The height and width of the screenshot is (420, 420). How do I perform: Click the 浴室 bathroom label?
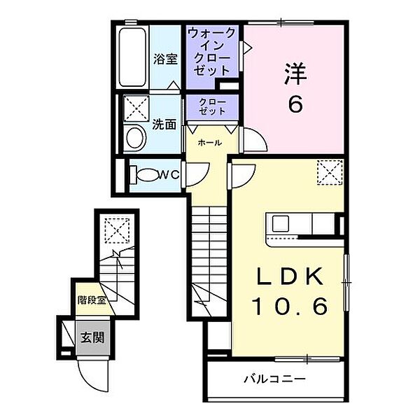tap(165, 59)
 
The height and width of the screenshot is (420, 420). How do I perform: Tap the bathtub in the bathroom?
tap(132, 57)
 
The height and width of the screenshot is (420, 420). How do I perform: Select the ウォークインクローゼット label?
tap(211, 52)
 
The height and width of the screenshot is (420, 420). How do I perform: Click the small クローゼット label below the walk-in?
tap(212, 107)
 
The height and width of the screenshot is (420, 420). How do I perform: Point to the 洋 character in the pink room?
tap(295, 73)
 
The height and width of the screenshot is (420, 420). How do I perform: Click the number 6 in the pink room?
tap(295, 104)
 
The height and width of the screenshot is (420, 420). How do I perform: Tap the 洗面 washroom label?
tap(164, 125)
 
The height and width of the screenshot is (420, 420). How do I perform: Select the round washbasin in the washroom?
tap(136, 138)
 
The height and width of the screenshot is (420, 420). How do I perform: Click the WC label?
tap(169, 175)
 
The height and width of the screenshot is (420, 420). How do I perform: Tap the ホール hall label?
tap(210, 143)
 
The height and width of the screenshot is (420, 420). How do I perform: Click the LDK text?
tap(290, 276)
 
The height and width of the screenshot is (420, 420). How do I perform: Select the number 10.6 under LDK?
tap(290, 306)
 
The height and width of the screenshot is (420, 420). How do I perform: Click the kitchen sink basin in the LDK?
tap(281, 223)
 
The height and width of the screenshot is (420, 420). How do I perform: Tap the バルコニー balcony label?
tap(274, 379)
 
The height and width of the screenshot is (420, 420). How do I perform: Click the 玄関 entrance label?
tap(92, 337)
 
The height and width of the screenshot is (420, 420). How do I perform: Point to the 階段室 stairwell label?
tap(92, 300)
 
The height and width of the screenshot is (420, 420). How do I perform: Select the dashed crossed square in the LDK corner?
tap(330, 172)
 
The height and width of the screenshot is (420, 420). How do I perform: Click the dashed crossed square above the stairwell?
tap(117, 230)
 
